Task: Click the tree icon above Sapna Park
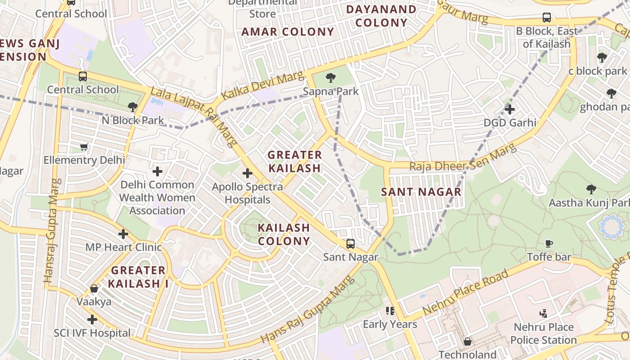331,78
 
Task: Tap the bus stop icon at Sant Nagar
351,244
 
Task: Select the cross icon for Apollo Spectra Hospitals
247,173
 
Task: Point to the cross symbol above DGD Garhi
509,109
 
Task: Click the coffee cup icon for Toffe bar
549,243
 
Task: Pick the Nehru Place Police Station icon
544,313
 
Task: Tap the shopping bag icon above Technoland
468,342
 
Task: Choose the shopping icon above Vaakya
94,288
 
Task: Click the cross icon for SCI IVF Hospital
92,319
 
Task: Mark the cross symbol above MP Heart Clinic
123,234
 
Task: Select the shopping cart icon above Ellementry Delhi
84,147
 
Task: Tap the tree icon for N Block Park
132,107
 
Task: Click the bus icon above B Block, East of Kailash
547,18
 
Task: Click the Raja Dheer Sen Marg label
462,158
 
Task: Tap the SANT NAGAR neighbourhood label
421,192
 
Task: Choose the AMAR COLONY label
288,32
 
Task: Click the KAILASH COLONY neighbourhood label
284,234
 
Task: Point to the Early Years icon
390,310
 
